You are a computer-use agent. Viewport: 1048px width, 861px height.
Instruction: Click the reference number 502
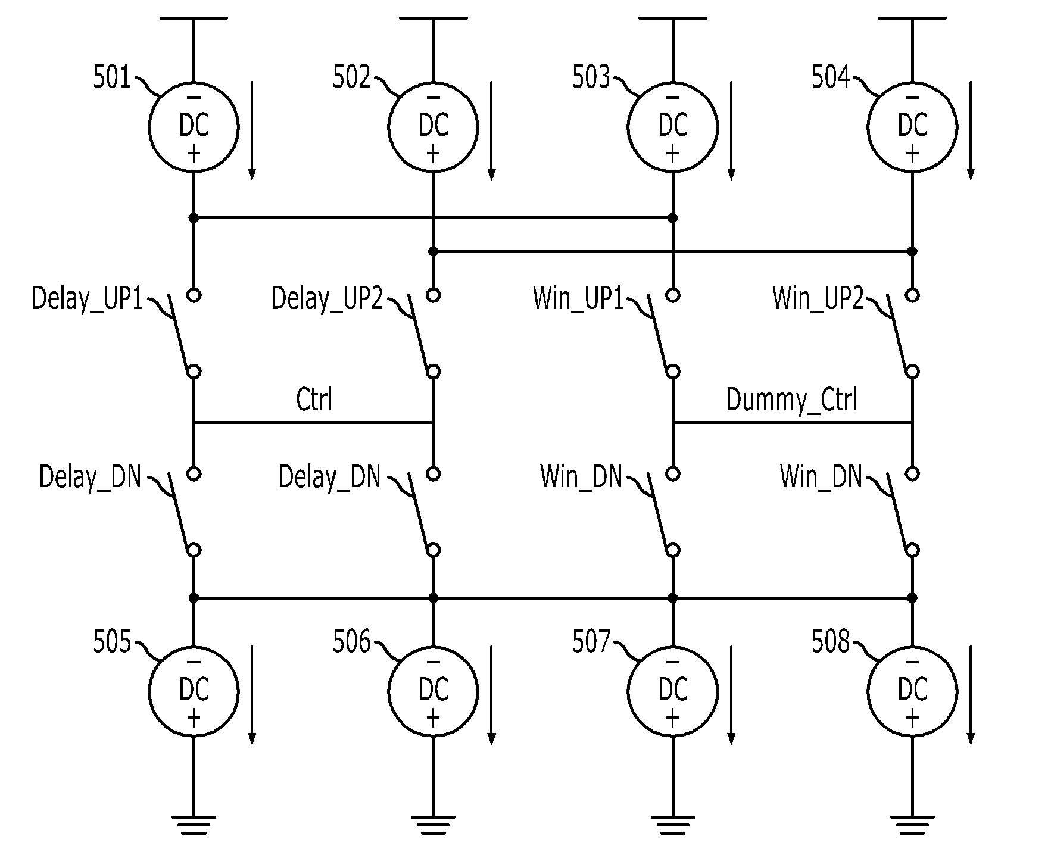pyautogui.click(x=351, y=77)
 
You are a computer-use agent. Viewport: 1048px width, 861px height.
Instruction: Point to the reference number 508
pyautogui.click(x=831, y=642)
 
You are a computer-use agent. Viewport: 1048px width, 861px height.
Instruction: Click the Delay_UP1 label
pyautogui.click(x=88, y=298)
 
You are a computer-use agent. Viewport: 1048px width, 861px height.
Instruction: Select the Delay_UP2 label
pyautogui.click(x=327, y=298)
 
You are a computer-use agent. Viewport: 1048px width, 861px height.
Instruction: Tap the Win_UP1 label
pyautogui.click(x=578, y=298)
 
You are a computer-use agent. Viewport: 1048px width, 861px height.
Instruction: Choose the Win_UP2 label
pyautogui.click(x=818, y=298)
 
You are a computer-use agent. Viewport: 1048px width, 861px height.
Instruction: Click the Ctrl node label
pyautogui.click(x=314, y=399)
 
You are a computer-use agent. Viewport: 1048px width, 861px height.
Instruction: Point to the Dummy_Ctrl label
pyautogui.click(x=792, y=400)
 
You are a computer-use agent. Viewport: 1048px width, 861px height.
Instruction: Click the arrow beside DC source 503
pyautogui.click(x=731, y=131)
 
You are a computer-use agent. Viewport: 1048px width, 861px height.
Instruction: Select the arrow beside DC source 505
pyautogui.click(x=252, y=695)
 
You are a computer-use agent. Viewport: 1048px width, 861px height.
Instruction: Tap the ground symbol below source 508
pyautogui.click(x=912, y=823)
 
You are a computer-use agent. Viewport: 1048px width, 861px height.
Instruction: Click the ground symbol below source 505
pyautogui.click(x=194, y=823)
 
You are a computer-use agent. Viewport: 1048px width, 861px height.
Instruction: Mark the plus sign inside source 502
pyautogui.click(x=433, y=154)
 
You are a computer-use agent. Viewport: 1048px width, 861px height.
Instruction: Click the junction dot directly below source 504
pyautogui.click(x=912, y=251)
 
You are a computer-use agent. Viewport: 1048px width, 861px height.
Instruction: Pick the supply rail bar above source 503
pyautogui.click(x=673, y=18)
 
